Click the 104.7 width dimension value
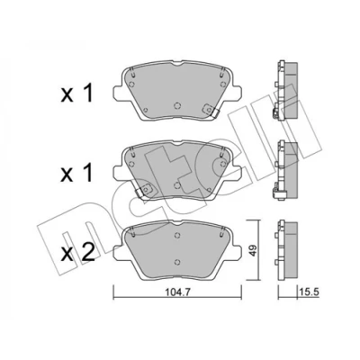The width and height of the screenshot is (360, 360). coord(177,292)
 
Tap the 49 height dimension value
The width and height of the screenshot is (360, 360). coord(254,250)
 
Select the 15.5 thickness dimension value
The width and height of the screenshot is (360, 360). coord(310,291)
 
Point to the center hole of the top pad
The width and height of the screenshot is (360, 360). coord(177,105)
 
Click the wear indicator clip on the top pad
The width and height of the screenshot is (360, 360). coord(211,110)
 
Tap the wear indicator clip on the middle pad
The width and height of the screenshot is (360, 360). coord(144,191)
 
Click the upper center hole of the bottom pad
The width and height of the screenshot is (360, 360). coord(177,235)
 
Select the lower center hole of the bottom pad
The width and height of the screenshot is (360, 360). coord(177,262)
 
